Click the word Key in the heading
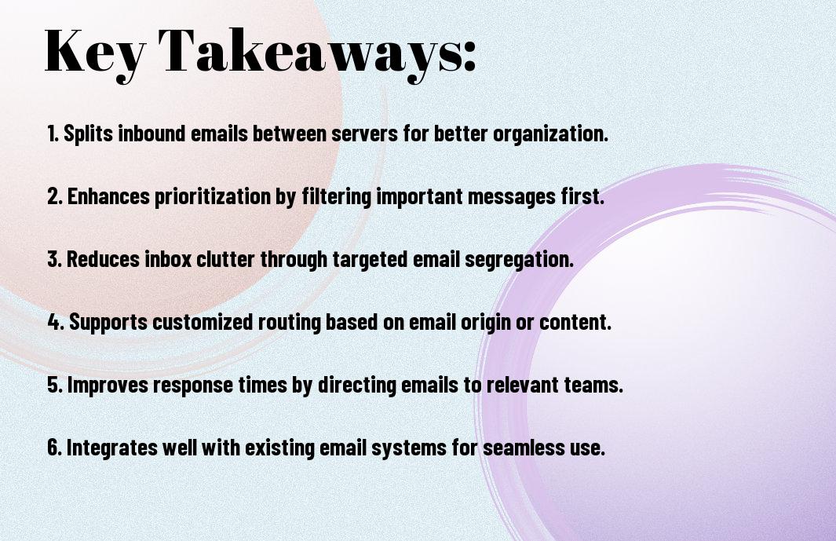(x=95, y=52)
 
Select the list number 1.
(x=53, y=133)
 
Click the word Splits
(x=89, y=134)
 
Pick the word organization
(x=550, y=134)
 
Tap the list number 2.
(x=55, y=196)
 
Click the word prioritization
(x=213, y=197)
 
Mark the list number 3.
(x=55, y=259)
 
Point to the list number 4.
(x=56, y=322)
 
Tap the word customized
(x=203, y=322)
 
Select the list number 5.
(x=55, y=385)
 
